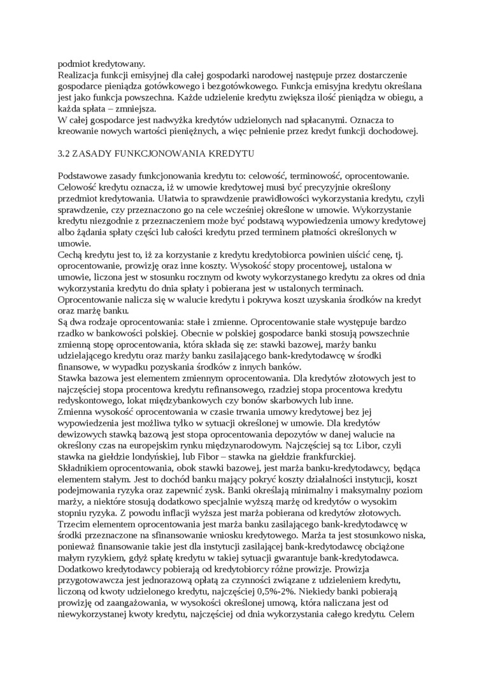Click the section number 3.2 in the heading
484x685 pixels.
tap(64, 154)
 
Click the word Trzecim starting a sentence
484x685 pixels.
tap(75, 524)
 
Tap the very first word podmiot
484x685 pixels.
tap(74, 63)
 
